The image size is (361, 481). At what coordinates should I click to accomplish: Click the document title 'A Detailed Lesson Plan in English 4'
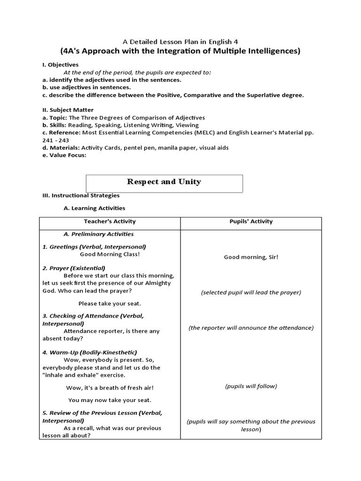tap(180, 41)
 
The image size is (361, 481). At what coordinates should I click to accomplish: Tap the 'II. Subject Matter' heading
tap(68, 110)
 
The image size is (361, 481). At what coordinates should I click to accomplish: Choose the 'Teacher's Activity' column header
tap(110, 222)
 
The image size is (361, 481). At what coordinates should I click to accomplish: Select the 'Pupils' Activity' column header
tap(251, 222)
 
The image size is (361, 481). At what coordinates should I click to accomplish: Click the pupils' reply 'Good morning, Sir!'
tap(251, 257)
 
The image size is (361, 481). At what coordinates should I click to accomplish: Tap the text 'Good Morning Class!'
tap(110, 255)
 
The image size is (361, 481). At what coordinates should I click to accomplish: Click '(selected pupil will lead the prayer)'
tap(251, 292)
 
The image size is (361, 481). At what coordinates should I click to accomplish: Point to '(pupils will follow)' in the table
tap(251, 386)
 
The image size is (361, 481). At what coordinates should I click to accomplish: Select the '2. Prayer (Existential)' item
tap(74, 268)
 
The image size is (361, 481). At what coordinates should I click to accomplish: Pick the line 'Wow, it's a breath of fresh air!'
tap(110, 388)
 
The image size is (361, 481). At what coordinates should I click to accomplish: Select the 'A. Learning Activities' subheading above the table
tap(94, 208)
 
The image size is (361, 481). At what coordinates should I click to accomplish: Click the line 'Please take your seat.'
tap(110, 303)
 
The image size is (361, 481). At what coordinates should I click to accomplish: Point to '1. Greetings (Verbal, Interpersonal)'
tap(94, 247)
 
